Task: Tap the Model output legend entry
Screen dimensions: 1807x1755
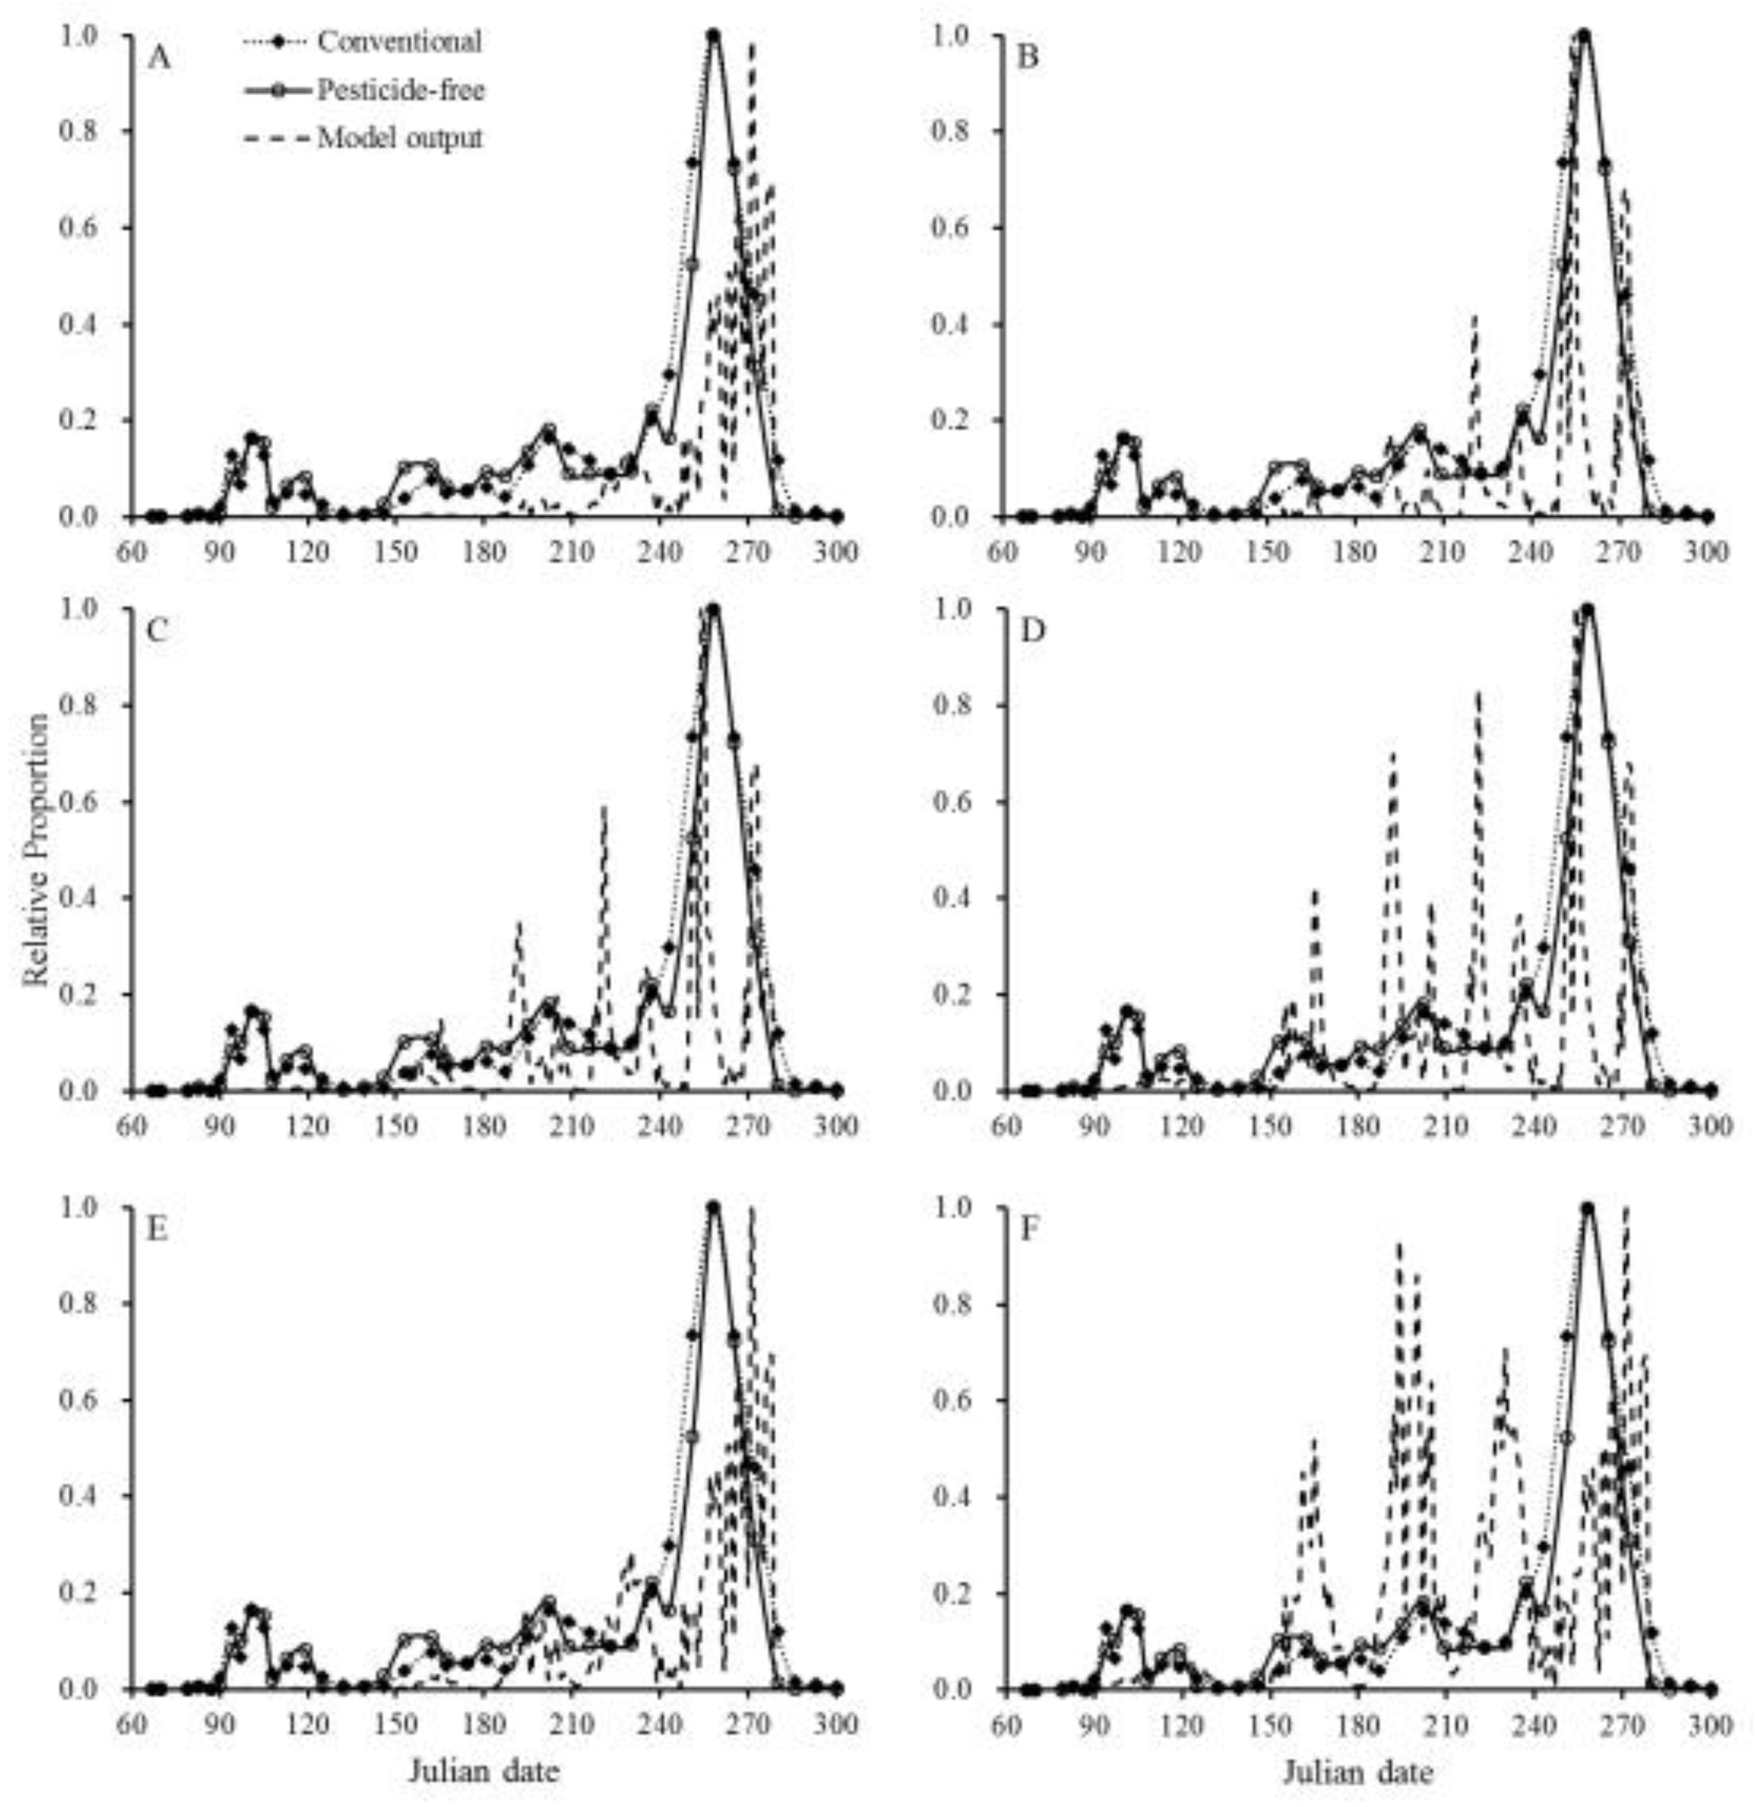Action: click(399, 138)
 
